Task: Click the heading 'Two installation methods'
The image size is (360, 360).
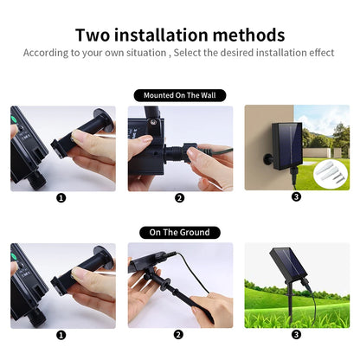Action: [x=180, y=35]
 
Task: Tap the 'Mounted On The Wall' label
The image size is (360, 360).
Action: [x=179, y=95]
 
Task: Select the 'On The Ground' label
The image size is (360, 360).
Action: [x=179, y=232]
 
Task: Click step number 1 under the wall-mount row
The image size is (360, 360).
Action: [x=61, y=197]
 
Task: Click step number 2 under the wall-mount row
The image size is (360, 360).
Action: [x=179, y=197]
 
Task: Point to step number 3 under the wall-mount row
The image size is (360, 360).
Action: [x=296, y=197]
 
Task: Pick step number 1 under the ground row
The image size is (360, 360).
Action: [x=61, y=334]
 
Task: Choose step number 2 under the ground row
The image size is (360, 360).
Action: [x=179, y=334]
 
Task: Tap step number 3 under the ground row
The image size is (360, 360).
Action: [x=296, y=334]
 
